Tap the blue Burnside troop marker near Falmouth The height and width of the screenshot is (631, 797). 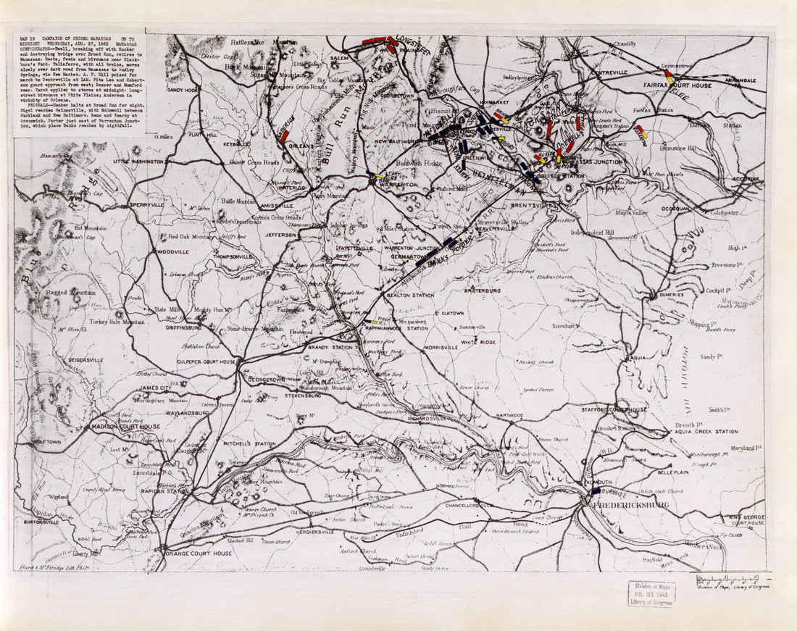(596, 491)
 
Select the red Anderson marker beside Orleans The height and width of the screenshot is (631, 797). (285, 136)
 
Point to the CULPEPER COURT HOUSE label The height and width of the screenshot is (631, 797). (207, 361)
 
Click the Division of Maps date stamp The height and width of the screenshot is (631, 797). (651, 594)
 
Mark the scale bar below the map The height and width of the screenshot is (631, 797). (729, 580)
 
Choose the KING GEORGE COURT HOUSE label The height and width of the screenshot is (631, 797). (746, 519)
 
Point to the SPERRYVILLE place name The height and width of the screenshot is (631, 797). (148, 206)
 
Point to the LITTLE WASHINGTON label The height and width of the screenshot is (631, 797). (138, 162)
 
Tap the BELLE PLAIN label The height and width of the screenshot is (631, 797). (672, 472)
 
